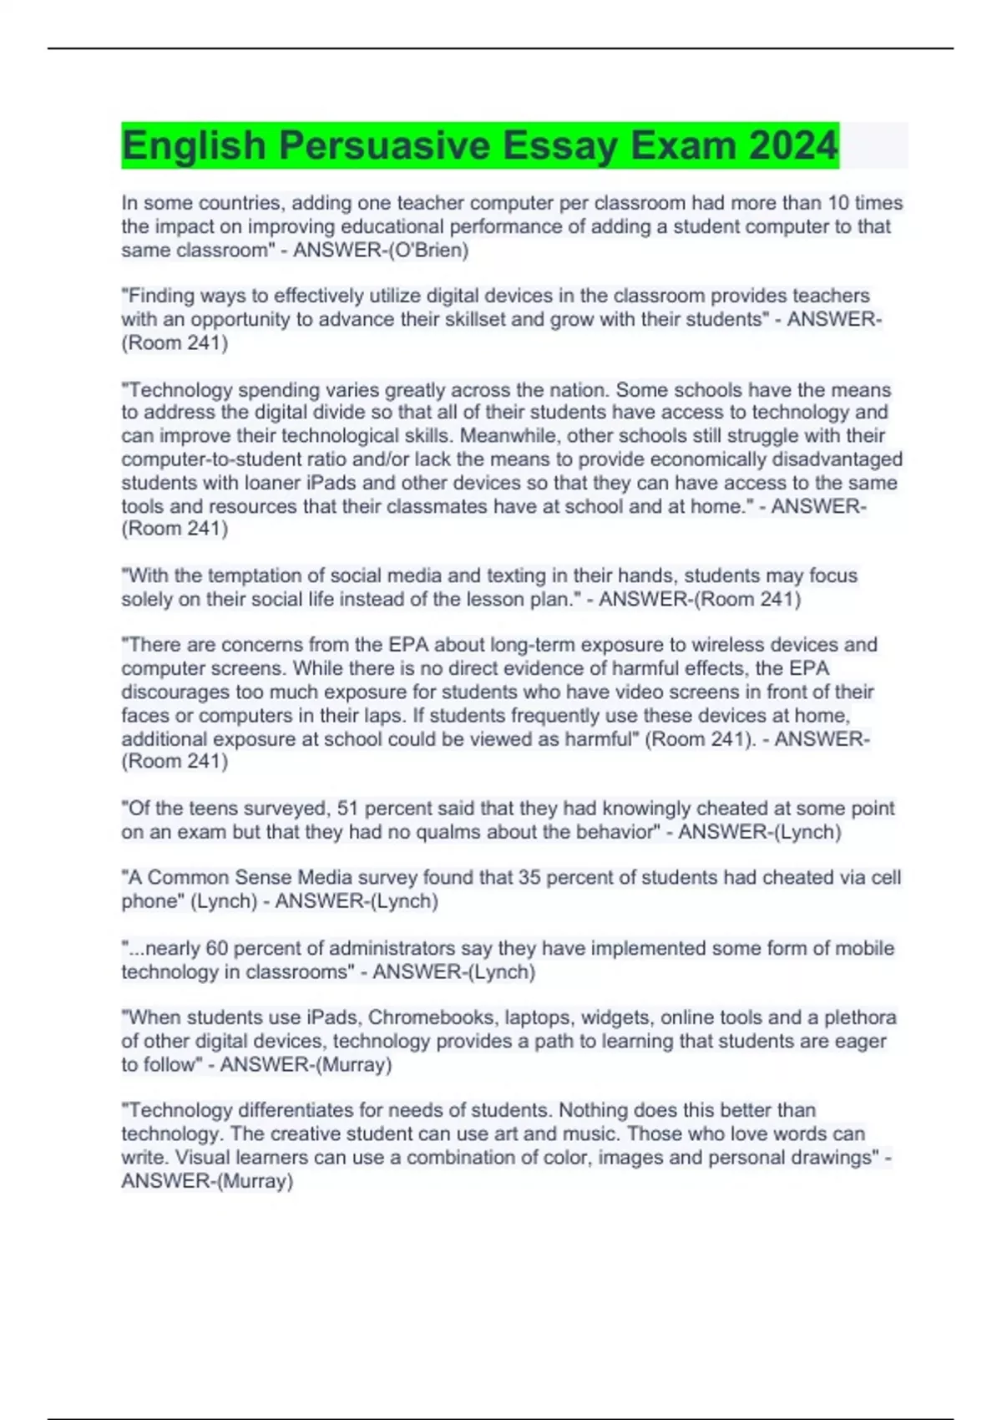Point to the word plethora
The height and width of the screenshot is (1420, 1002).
[x=860, y=1017]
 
